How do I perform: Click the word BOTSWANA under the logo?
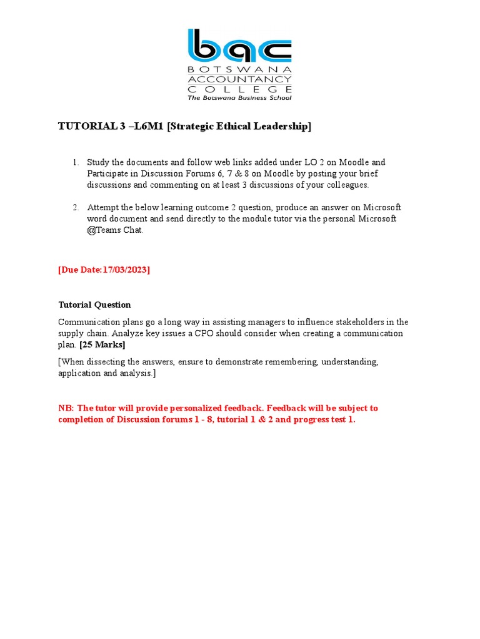(239, 69)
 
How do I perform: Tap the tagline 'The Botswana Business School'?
(239, 97)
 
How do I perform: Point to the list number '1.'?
(76, 162)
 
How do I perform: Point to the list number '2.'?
(76, 207)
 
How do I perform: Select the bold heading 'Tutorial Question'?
(94, 305)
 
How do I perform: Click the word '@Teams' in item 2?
(102, 230)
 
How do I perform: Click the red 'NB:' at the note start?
(66, 408)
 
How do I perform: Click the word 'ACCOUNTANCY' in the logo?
(239, 79)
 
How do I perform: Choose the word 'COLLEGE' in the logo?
(239, 89)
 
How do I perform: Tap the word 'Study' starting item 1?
(98, 162)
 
